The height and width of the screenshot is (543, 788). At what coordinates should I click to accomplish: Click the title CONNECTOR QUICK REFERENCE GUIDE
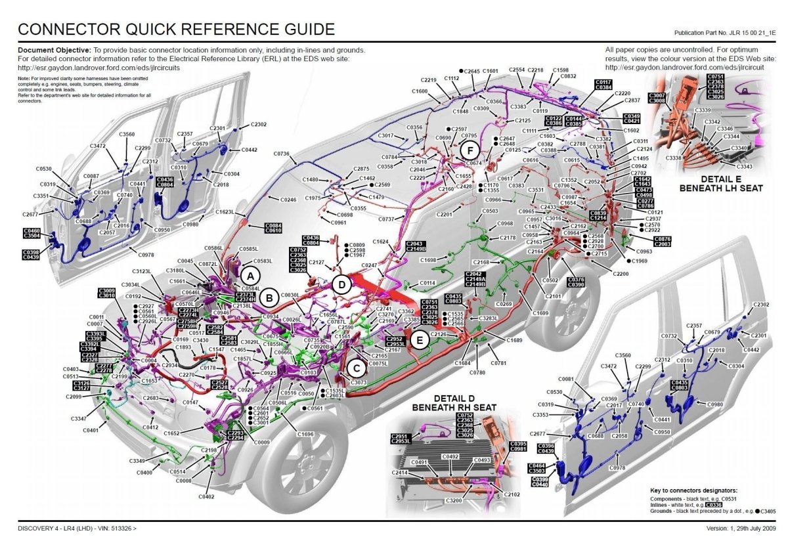click(176, 29)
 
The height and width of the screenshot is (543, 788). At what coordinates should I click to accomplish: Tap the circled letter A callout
click(250, 274)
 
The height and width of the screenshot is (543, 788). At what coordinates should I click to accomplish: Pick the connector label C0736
click(281, 154)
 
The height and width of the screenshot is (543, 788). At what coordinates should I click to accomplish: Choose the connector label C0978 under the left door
click(147, 255)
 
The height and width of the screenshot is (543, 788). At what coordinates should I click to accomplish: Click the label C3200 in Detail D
click(454, 501)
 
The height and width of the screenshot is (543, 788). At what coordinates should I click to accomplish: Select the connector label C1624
click(381, 242)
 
